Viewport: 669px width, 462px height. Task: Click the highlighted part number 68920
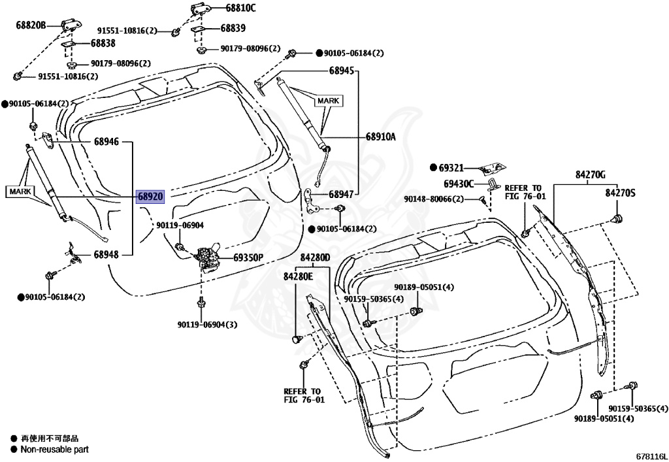150,196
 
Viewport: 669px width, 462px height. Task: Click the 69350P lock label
248,257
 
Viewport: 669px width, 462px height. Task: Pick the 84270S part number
620,193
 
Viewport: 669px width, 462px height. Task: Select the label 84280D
316,258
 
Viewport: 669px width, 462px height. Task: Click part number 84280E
298,276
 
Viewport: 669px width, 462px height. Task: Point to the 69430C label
459,184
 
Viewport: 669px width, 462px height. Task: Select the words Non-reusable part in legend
54,450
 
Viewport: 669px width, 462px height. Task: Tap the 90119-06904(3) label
206,324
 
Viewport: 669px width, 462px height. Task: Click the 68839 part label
233,28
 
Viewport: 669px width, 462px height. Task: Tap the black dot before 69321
432,168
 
